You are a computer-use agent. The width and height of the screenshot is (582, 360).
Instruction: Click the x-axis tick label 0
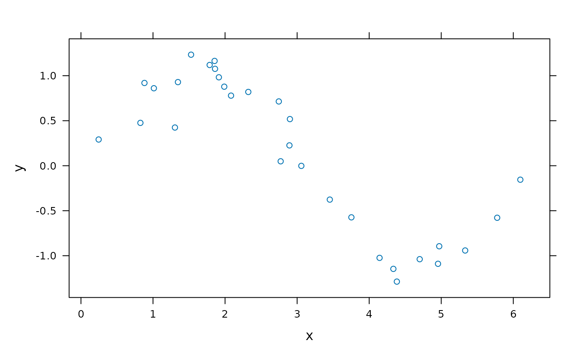pos(81,314)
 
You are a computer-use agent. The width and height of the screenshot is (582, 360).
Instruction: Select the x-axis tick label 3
pos(297,314)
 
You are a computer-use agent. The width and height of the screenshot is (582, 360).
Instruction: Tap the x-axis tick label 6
pos(513,314)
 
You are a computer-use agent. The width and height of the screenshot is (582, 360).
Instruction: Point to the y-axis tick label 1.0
pos(48,76)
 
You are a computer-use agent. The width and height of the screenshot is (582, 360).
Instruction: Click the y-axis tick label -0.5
pos(46,211)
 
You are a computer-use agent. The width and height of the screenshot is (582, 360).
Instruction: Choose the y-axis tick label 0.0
pos(48,166)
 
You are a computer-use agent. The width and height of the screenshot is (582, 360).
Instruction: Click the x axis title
pos(309,336)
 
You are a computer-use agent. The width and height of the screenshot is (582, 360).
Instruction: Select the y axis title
pos(20,168)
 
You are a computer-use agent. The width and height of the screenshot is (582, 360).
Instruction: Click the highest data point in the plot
pos(191,54)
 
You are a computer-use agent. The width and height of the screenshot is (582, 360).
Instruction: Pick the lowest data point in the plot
pos(397,281)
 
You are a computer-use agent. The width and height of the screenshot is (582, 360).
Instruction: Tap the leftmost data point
pos(99,140)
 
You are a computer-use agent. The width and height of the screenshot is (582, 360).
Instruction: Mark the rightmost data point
pos(520,180)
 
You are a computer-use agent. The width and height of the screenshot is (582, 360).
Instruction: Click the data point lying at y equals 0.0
pos(301,166)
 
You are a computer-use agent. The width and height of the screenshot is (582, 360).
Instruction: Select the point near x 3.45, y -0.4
pos(330,200)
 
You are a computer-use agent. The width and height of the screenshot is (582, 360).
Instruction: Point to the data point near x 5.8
pos(497,218)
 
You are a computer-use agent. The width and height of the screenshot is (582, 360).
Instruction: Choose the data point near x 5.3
pos(465,250)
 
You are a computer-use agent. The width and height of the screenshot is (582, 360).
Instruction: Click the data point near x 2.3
pos(248,92)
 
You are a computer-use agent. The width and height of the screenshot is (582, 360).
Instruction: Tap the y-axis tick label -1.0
pos(46,256)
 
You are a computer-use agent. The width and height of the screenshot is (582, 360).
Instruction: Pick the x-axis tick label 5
pos(441,314)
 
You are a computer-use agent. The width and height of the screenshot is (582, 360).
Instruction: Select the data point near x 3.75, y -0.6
pos(351,217)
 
